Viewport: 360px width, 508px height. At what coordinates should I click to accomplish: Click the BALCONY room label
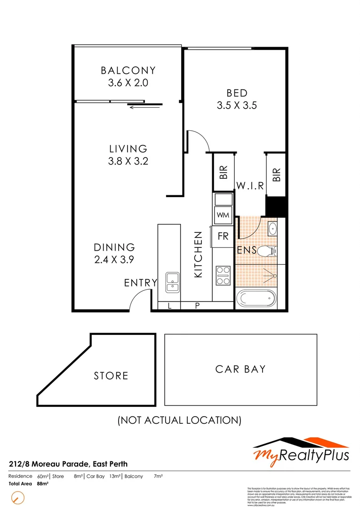coord(128,71)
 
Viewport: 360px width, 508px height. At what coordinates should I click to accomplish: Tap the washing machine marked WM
coord(223,215)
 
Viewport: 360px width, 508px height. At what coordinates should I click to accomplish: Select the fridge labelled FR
coord(223,236)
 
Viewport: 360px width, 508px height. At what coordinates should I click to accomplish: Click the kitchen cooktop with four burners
coord(223,275)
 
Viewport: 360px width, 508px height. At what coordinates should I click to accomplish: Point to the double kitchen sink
coord(172,282)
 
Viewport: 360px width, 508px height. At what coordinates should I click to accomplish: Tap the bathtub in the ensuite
coord(257,298)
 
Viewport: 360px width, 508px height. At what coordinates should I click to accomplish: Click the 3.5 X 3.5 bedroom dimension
coord(237,105)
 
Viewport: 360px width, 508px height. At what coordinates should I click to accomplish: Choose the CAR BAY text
coord(240,369)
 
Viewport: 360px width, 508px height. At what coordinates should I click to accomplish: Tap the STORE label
coord(111,375)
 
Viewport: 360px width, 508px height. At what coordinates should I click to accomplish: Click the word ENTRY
coord(140,283)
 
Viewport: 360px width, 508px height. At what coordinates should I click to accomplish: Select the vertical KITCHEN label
coord(199,254)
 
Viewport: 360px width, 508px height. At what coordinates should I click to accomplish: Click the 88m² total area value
coord(42,484)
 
